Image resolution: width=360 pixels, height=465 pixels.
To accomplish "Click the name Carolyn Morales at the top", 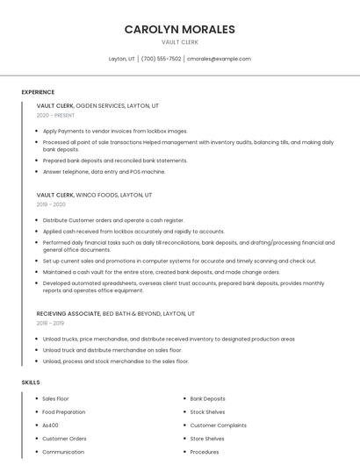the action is point(179,29).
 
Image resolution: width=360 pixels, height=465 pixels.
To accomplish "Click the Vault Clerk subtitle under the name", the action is point(179,42).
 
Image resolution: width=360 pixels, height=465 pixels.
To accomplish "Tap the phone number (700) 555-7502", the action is point(161,59).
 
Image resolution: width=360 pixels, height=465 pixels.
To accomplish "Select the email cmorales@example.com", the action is point(219,59).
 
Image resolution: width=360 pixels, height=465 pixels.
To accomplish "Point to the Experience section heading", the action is point(38,92).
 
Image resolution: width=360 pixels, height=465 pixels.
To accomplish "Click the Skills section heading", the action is point(31,383).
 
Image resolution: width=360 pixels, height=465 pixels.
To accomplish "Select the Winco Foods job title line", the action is point(94,195).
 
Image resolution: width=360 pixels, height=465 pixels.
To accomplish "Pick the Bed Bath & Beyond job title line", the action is point(115,313).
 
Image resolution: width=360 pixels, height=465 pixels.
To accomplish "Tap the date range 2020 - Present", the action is point(55,115).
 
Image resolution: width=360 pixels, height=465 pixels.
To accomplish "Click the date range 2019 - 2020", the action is point(50,204).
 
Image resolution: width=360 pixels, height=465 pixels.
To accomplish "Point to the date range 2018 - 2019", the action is point(50,323).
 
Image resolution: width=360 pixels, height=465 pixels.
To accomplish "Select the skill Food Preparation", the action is point(64,411).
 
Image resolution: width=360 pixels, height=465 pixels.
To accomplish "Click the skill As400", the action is point(51,425).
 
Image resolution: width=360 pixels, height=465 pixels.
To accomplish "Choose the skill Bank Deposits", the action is point(208,398).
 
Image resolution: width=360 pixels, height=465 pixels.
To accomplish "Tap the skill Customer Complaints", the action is point(219,425).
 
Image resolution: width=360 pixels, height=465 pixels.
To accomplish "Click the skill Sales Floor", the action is point(56,398).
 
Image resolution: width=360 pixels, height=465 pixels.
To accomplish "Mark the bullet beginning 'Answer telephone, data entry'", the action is point(104,171).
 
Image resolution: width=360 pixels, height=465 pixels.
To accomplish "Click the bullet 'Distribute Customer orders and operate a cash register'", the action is point(113,220).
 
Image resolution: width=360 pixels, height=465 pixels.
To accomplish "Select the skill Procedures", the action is point(205,452).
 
